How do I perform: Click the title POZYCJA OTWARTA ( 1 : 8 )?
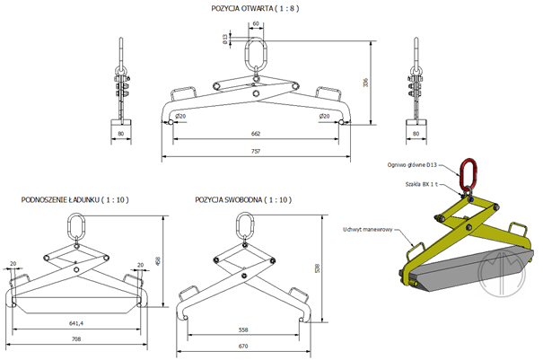coord(256,8)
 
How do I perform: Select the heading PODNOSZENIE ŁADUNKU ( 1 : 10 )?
coord(75,199)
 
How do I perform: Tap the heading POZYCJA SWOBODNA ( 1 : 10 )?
coord(236,199)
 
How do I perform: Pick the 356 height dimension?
coord(379,82)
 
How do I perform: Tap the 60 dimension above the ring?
coord(256,24)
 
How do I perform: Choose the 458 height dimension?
coord(159,261)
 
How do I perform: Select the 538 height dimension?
coord(315,268)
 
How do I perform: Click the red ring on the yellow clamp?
coord(468,172)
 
